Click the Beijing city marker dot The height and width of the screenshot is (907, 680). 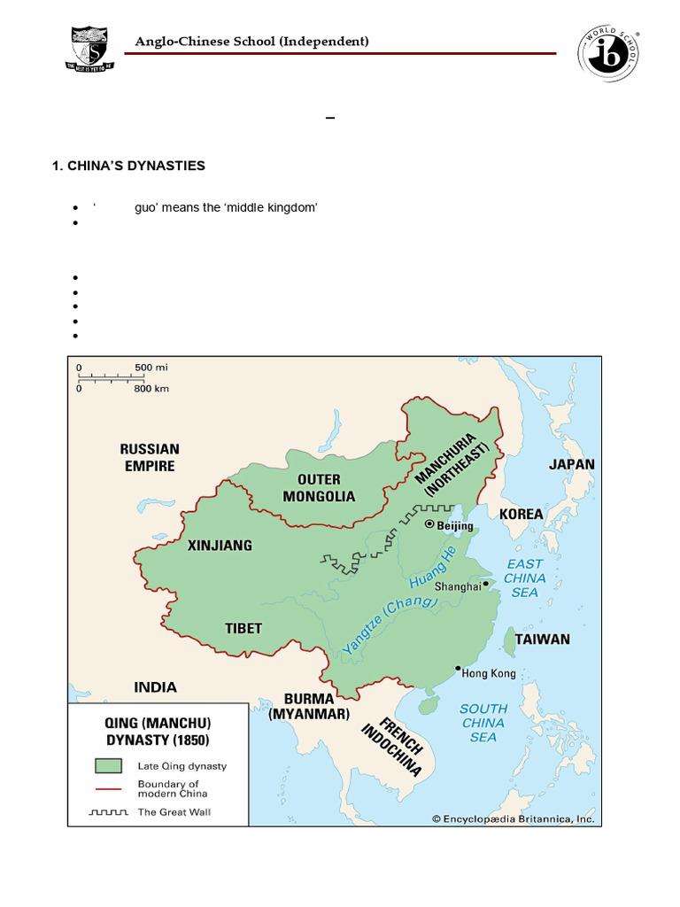pyautogui.click(x=429, y=524)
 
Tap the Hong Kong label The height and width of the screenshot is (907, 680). pyautogui.click(x=489, y=673)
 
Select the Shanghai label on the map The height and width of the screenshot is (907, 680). pyautogui.click(x=458, y=585)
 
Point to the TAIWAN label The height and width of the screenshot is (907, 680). pyautogui.click(x=543, y=639)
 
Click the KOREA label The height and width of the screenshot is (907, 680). pyautogui.click(x=522, y=514)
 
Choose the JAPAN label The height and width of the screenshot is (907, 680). pyautogui.click(x=572, y=464)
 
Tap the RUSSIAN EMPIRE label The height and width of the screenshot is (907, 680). pyautogui.click(x=150, y=457)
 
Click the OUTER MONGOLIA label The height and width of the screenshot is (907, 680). pyautogui.click(x=319, y=487)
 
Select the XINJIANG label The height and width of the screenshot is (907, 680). pyautogui.click(x=220, y=546)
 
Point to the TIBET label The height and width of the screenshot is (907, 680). pyautogui.click(x=243, y=628)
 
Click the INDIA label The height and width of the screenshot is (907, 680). pyautogui.click(x=155, y=686)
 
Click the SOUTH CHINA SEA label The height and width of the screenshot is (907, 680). pyautogui.click(x=483, y=722)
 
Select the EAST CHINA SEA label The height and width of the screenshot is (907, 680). pyautogui.click(x=525, y=578)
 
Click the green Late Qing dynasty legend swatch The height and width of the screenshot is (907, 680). pyautogui.click(x=108, y=766)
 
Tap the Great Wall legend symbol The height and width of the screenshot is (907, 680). pyautogui.click(x=108, y=811)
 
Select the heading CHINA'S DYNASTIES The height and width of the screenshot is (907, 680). pyautogui.click(x=129, y=166)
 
